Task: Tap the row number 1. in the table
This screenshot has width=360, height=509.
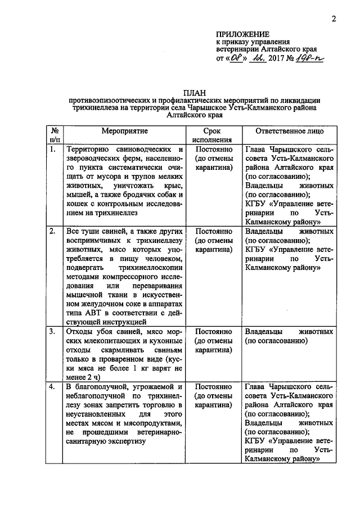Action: point(52,150)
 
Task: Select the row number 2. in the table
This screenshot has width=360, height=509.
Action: point(52,231)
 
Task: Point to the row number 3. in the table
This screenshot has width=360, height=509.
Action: point(52,332)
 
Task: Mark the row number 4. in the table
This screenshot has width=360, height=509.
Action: point(52,388)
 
